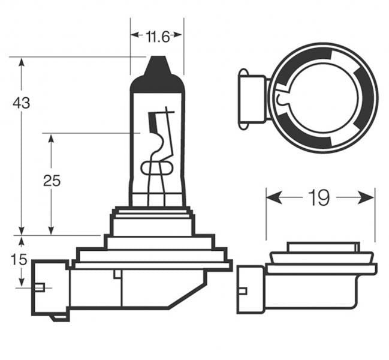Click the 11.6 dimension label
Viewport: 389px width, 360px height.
156,37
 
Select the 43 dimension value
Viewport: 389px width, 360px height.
22,103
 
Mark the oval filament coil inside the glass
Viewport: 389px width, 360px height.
156,168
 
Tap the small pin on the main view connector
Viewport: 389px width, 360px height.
40,287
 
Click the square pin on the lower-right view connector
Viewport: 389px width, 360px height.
242,292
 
